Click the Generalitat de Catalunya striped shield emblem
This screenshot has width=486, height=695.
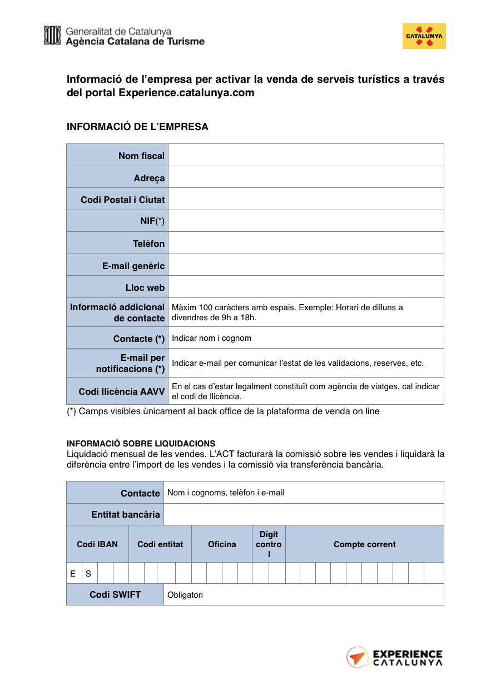[x=52, y=35]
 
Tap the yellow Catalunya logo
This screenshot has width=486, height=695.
[x=424, y=36]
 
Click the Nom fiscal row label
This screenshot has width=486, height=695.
[x=141, y=156]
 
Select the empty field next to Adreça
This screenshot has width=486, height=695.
[x=306, y=177]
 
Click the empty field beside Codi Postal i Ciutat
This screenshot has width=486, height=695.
[x=306, y=199]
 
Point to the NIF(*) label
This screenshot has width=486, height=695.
[x=152, y=221]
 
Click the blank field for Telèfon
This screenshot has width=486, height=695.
[x=306, y=243]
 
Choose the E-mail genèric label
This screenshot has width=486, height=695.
[x=133, y=266]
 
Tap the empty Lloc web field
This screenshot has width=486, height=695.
[x=306, y=287]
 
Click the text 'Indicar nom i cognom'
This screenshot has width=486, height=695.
[x=211, y=338]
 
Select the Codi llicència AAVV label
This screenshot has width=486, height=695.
[x=122, y=391]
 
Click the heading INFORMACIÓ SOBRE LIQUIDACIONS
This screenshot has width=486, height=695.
[x=141, y=444]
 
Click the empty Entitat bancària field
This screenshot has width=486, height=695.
[x=304, y=514]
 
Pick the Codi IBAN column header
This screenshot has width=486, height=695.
[x=97, y=544]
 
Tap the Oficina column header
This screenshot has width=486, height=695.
[x=222, y=544]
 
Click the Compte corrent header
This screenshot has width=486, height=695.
[x=364, y=544]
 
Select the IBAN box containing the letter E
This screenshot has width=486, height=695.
[x=73, y=573]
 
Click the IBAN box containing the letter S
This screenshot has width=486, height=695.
[x=89, y=573]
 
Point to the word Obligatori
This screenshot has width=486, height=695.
[x=185, y=595]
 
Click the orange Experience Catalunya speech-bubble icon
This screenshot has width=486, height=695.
[x=358, y=657]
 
